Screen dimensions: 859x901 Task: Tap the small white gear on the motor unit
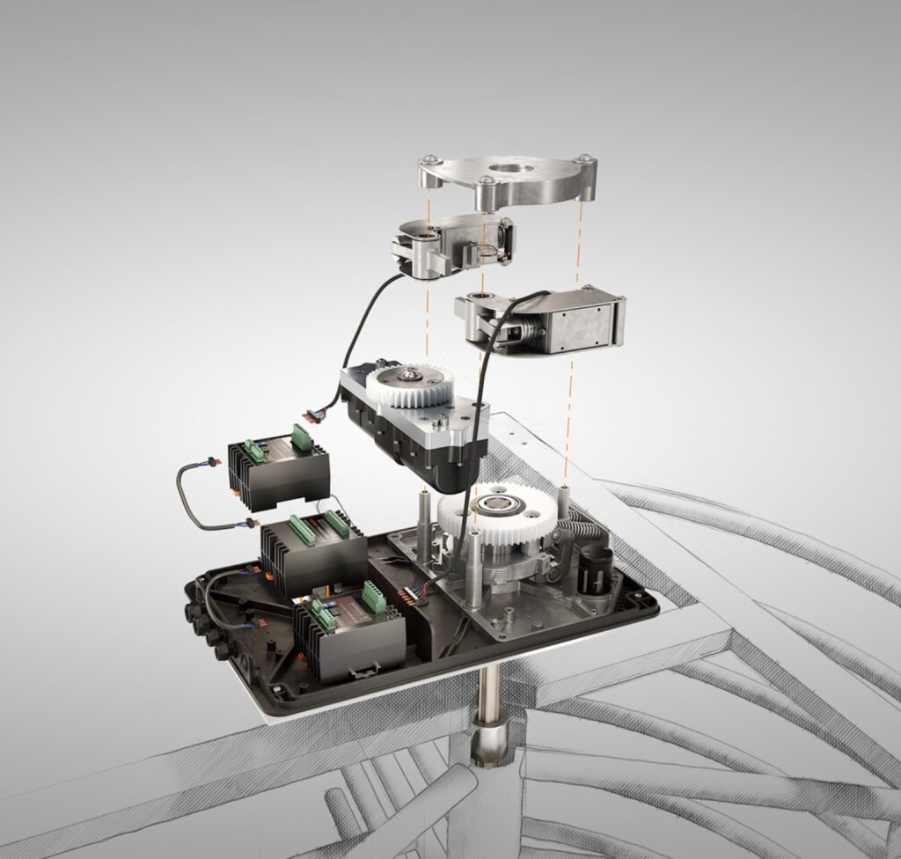(410, 385)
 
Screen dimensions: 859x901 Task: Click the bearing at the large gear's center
(497, 507)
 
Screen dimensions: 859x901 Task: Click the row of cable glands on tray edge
(207, 630)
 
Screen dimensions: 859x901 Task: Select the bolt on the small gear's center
(410, 377)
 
